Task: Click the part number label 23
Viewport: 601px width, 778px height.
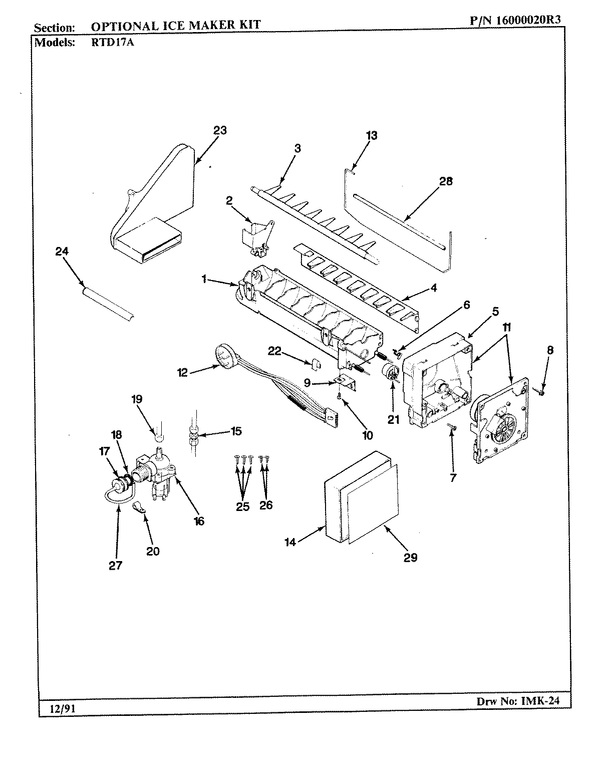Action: [x=220, y=131]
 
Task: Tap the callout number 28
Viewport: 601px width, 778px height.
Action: [x=445, y=181]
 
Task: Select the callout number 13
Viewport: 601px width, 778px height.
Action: [x=371, y=135]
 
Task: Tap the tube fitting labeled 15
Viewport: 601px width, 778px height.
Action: [x=193, y=433]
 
